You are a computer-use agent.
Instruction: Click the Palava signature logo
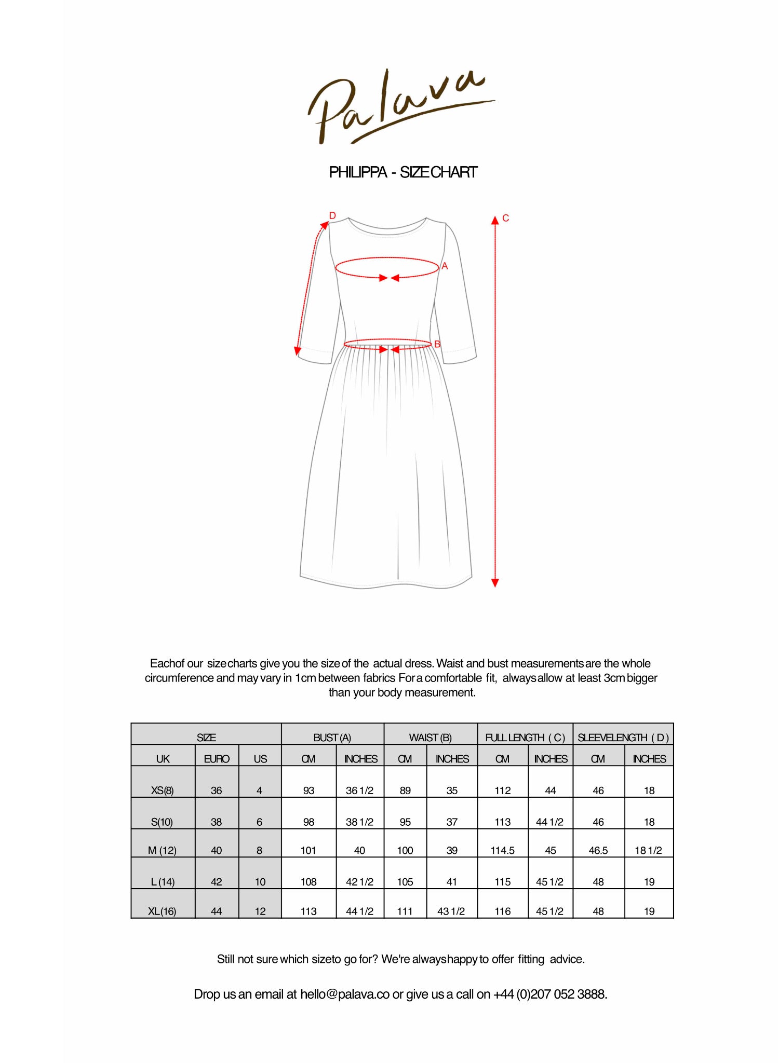[x=400, y=106]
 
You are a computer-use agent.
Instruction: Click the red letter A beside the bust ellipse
[x=445, y=266]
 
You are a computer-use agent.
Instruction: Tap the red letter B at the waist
[x=437, y=344]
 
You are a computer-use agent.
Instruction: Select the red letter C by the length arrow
[x=505, y=219]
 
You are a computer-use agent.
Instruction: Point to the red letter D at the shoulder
[x=332, y=215]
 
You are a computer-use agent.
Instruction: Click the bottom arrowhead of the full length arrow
[x=495, y=583]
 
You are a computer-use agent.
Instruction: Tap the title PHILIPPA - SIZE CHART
[x=403, y=172]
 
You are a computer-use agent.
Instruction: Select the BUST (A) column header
[x=332, y=738]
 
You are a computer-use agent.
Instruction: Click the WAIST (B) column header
[x=430, y=738]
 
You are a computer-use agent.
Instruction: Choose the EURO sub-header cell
[x=217, y=759]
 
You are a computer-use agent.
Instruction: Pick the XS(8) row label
[x=163, y=791]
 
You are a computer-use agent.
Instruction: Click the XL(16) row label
[x=162, y=911]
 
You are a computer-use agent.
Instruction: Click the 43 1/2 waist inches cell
[x=451, y=911]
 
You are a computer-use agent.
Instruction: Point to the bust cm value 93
[x=308, y=791]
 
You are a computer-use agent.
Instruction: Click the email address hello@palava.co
[x=345, y=994]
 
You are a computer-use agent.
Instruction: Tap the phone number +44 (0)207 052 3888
[x=549, y=994]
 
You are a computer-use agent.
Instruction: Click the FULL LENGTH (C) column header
[x=525, y=738]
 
